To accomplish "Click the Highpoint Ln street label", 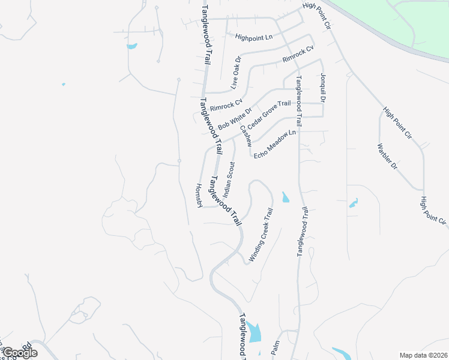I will point(254,37).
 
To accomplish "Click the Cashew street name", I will point(245,136).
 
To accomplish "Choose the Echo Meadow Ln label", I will point(275,145).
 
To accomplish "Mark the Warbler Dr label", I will point(387,156).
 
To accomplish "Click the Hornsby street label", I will point(199,196).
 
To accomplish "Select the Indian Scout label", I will point(229,179).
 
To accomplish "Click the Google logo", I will point(19,353).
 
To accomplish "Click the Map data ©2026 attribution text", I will point(423,355).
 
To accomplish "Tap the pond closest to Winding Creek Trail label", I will point(285,197).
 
